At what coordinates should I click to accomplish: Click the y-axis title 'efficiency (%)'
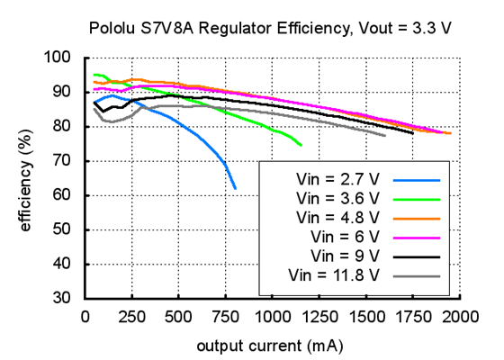tap(26, 177)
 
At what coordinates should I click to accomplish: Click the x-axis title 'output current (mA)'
tap(271, 343)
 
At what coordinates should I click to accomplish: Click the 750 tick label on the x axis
tap(225, 317)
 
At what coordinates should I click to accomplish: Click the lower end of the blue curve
tap(235, 188)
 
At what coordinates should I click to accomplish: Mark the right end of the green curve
tap(301, 145)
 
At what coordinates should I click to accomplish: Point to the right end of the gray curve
tap(385, 135)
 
